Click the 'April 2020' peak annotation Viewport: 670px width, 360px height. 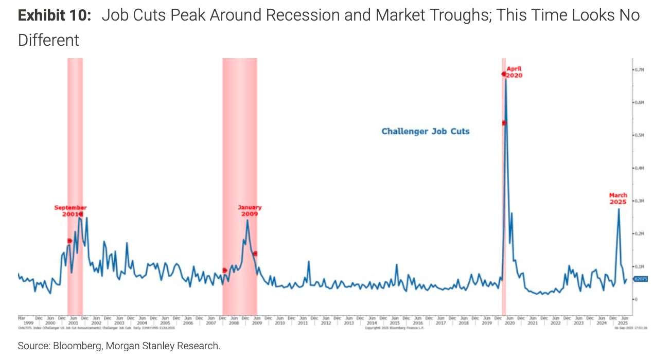click(x=514, y=71)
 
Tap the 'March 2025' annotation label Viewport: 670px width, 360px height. click(x=618, y=199)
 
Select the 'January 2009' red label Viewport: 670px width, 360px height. click(x=250, y=210)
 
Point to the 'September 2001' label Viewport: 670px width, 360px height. click(x=70, y=210)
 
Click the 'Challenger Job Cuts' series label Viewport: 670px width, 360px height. click(x=426, y=131)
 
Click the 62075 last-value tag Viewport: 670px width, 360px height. click(x=641, y=279)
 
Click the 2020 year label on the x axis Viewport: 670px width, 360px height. click(x=509, y=322)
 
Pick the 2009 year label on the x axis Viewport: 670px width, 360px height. click(x=256, y=322)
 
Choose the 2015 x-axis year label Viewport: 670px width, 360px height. click(x=394, y=322)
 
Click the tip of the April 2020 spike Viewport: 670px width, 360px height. click(x=506, y=79)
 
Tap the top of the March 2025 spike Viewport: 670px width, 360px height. click(x=619, y=208)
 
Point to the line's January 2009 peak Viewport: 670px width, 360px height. click(x=248, y=220)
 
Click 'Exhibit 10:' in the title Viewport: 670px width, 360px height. click(x=55, y=15)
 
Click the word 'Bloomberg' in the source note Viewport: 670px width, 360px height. click(x=77, y=346)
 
